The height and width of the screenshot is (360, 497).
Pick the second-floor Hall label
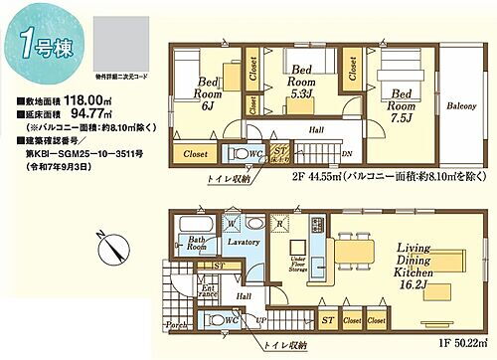tap(315, 130)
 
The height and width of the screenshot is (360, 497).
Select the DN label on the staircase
tap(345, 153)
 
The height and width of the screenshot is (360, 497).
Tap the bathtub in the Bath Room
tap(189, 230)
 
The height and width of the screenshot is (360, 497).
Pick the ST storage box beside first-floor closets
tap(326, 321)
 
